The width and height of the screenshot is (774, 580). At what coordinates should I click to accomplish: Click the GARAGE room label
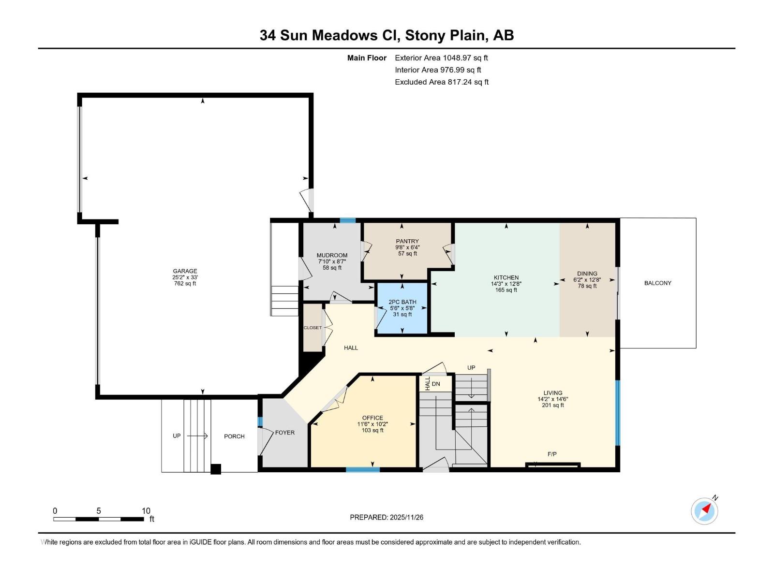(x=185, y=271)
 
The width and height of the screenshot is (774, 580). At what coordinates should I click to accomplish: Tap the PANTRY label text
(x=407, y=241)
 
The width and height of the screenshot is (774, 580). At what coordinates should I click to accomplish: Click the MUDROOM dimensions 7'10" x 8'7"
(x=332, y=261)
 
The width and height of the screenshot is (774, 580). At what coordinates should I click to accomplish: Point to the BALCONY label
(x=657, y=283)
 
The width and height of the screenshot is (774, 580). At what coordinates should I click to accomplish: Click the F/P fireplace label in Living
(x=552, y=454)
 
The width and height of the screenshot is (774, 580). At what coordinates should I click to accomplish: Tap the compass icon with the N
(x=705, y=511)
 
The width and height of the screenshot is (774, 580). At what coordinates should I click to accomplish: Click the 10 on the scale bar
(x=146, y=511)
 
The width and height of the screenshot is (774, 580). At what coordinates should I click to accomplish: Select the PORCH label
(x=234, y=436)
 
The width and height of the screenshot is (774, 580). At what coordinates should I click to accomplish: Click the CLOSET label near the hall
(x=313, y=328)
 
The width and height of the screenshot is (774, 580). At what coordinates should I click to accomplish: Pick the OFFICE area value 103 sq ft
(x=372, y=430)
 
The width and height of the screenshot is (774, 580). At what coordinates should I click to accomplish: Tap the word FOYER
(x=284, y=433)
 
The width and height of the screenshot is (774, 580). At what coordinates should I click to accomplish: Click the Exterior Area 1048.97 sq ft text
(x=441, y=58)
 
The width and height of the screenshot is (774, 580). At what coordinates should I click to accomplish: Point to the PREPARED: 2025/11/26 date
(x=387, y=517)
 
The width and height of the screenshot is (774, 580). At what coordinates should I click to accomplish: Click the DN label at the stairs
(x=436, y=384)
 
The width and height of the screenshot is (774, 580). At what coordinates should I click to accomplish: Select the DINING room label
(x=587, y=274)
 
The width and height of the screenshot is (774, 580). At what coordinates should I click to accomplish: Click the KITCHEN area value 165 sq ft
(x=506, y=290)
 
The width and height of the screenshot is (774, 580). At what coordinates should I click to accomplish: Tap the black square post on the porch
(x=216, y=469)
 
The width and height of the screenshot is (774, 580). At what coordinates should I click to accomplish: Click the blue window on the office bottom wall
(x=363, y=469)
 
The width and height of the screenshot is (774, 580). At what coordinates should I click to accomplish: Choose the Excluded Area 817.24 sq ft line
(x=441, y=82)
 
